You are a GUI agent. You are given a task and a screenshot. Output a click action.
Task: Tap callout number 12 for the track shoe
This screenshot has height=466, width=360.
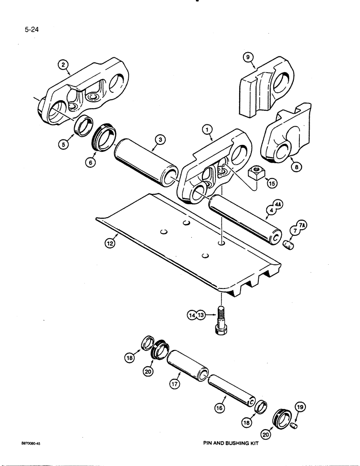[x=109, y=243]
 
